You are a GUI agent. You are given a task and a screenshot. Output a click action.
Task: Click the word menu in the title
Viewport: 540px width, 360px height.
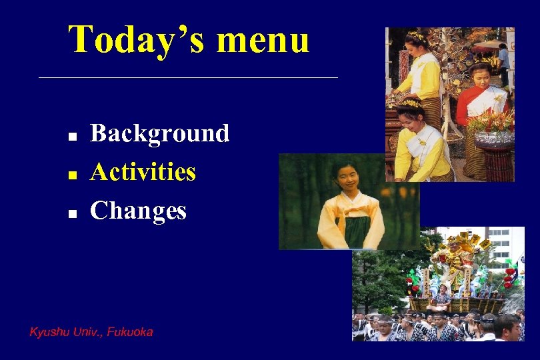pyautogui.click(x=263, y=40)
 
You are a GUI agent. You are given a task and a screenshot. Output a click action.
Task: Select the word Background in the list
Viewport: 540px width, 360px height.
pyautogui.click(x=159, y=133)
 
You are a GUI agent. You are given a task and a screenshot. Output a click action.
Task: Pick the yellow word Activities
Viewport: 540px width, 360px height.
pyautogui.click(x=143, y=172)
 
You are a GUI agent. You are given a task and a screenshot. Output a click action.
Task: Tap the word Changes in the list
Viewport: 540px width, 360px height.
pyautogui.click(x=138, y=211)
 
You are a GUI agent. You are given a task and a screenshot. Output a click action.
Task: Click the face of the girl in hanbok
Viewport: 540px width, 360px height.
pyautogui.click(x=347, y=177)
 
